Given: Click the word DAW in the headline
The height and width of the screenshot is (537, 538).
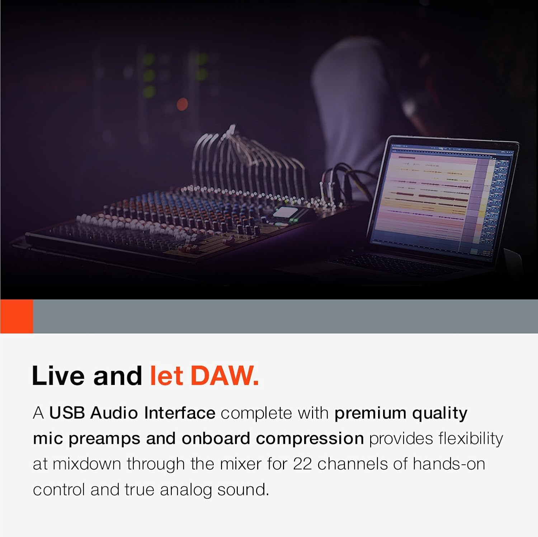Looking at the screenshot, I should pyautogui.click(x=224, y=376).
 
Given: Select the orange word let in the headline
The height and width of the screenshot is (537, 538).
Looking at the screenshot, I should pyautogui.click(x=166, y=376).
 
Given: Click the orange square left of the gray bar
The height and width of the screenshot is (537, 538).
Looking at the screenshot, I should pyautogui.click(x=16, y=316).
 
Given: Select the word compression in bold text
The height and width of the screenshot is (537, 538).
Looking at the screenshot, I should pyautogui.click(x=310, y=439).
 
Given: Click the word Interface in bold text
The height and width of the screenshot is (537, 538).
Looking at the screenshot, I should pyautogui.click(x=179, y=413).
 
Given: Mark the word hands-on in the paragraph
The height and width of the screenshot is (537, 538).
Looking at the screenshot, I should pyautogui.click(x=449, y=464).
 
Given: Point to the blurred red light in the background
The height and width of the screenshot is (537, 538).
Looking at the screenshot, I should pyautogui.click(x=182, y=104).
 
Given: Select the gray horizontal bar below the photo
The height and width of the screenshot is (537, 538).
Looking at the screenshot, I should pyautogui.click(x=285, y=316).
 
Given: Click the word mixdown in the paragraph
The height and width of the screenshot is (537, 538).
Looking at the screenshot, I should pyautogui.click(x=87, y=464).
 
